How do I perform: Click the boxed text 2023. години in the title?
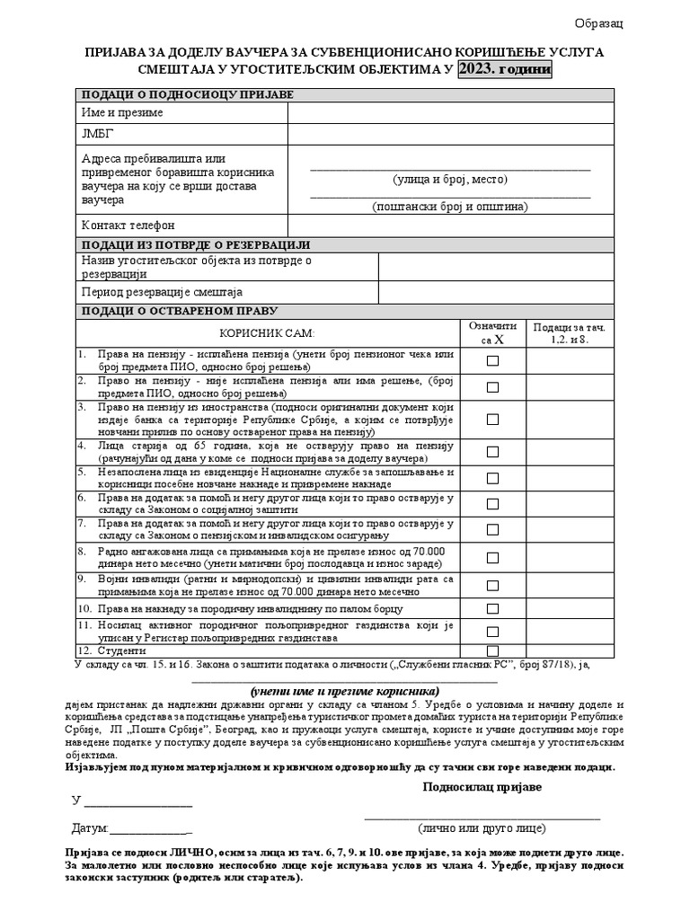click(505, 70)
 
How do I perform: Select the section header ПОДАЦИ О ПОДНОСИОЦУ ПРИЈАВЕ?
click(188, 95)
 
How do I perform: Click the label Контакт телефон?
click(128, 225)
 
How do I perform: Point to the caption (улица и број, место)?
click(451, 180)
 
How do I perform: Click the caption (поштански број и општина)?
click(451, 207)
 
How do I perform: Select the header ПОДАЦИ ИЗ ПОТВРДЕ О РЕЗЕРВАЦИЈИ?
click(196, 244)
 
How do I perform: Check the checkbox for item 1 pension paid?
click(492, 360)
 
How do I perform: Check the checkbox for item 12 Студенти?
click(492, 650)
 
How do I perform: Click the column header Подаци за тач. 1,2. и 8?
click(570, 334)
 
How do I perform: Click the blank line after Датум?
click(150, 827)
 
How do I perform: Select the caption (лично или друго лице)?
click(482, 828)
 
